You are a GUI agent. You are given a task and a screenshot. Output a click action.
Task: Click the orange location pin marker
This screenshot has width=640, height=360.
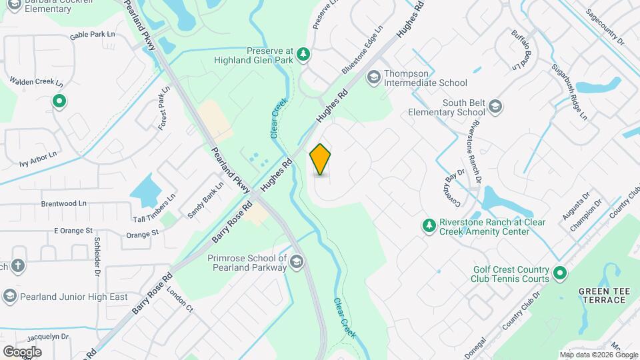point(321,159)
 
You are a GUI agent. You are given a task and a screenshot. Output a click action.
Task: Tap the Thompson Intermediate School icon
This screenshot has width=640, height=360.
point(373,78)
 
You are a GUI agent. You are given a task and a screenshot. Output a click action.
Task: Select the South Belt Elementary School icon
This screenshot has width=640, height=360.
point(495,107)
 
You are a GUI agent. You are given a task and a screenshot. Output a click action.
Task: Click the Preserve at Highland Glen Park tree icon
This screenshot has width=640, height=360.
point(303,54)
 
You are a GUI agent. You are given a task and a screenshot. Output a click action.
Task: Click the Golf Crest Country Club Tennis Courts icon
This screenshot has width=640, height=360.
point(560,274)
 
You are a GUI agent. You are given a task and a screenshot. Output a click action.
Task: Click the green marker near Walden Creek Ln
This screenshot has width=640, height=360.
point(59,101)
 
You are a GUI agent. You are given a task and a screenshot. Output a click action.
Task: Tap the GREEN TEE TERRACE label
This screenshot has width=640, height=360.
point(602,295)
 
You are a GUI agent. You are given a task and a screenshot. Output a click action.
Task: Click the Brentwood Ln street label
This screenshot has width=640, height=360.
point(64,203)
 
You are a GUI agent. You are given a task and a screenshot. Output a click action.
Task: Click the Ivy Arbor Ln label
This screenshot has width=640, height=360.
point(39,158)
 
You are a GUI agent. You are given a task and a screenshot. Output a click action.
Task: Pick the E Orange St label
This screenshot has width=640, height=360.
point(73,231)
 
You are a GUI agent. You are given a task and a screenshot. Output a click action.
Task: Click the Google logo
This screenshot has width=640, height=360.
point(22,351)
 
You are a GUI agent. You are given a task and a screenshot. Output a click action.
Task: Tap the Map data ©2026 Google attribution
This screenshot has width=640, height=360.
point(598,355)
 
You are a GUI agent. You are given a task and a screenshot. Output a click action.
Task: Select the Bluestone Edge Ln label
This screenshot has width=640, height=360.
point(363,51)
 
